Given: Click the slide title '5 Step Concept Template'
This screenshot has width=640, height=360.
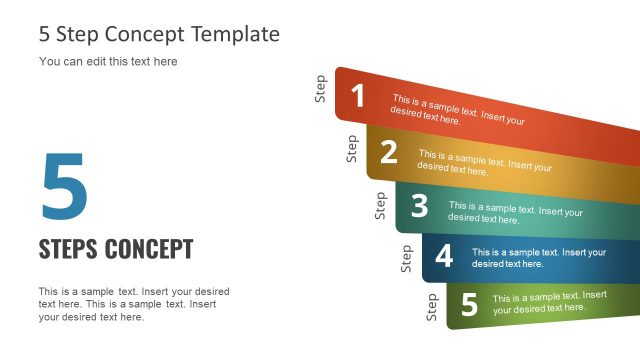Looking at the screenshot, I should point(159,34).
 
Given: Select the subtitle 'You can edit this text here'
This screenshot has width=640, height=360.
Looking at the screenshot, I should point(108,62).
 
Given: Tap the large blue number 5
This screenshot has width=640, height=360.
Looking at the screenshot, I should point(64,187).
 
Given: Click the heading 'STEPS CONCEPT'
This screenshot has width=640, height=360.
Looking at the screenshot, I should point(116,249).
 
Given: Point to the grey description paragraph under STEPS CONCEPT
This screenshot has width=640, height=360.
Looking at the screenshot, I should point(134,304).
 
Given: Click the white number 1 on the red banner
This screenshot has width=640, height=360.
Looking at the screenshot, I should point(358,96).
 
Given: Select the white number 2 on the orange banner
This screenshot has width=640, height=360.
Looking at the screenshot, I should point(389,152).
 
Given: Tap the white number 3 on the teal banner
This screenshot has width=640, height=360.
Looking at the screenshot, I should point(419,206).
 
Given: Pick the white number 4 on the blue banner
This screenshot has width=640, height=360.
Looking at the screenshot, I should point(444,256).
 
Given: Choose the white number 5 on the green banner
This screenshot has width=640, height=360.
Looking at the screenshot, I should point(469,304).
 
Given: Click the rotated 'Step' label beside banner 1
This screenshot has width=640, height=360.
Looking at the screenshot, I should point(321,88).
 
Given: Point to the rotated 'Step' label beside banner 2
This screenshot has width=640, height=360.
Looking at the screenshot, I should point(351,148).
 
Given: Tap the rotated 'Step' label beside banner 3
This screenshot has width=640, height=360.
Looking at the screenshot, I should point(380,205).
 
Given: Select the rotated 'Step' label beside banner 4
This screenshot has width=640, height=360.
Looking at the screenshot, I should point(406,258).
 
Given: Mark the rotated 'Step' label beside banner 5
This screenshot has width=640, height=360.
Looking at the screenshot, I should point(432,306).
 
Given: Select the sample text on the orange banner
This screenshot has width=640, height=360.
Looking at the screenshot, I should point(485,163).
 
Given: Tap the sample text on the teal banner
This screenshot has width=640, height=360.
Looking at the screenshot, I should point(515,212).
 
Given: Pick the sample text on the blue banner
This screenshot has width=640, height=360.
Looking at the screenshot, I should point(539,258).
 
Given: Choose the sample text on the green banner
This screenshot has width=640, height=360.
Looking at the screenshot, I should point(549,302).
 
